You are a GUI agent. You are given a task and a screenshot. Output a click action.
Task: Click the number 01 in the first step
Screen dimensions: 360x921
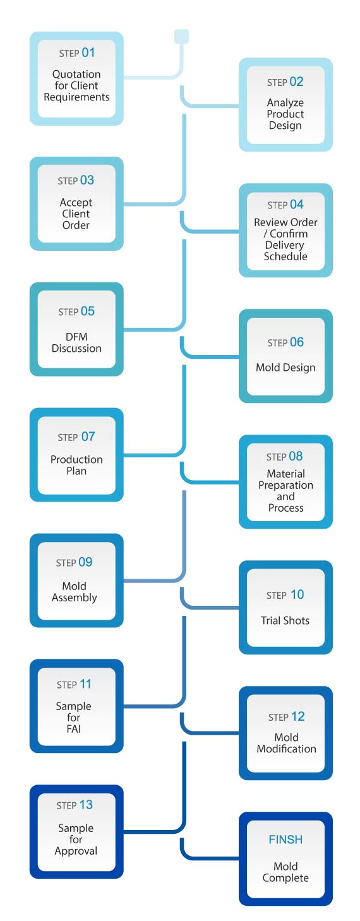(88, 52)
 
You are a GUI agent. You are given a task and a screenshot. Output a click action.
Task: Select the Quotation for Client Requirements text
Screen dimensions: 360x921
(76, 85)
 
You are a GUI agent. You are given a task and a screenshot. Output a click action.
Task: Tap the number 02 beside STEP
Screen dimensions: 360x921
(296, 82)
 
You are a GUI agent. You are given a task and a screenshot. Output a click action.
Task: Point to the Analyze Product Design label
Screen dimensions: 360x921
(285, 114)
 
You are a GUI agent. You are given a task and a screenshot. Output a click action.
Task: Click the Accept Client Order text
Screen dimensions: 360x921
(76, 214)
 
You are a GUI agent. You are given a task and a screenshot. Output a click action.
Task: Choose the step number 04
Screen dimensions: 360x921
(297, 204)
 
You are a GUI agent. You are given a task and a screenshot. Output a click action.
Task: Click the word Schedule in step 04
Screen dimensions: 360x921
(285, 256)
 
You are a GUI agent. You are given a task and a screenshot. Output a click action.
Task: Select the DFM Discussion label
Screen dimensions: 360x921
(76, 342)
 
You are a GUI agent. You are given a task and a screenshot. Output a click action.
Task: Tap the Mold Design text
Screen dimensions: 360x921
(285, 368)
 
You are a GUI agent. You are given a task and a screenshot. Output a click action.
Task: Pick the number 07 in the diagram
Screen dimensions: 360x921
(88, 436)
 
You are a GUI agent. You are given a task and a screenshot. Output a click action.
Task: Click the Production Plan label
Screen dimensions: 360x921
(76, 465)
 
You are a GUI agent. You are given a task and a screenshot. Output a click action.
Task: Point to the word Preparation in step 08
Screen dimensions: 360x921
(285, 486)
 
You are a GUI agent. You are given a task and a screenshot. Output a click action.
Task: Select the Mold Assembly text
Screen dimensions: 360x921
(75, 592)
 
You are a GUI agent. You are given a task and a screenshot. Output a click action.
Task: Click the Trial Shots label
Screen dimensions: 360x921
(285, 620)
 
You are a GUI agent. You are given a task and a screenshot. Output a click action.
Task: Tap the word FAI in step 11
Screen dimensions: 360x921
(73, 729)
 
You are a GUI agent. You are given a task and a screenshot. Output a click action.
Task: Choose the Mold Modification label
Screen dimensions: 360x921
(287, 743)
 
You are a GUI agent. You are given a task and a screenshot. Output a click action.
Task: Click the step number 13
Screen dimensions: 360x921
(86, 805)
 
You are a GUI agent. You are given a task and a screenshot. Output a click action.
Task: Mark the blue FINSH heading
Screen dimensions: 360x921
(285, 840)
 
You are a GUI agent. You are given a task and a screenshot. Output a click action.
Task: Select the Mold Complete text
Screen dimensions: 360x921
(285, 872)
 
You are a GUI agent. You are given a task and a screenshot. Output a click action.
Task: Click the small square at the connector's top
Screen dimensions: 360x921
(181, 36)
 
